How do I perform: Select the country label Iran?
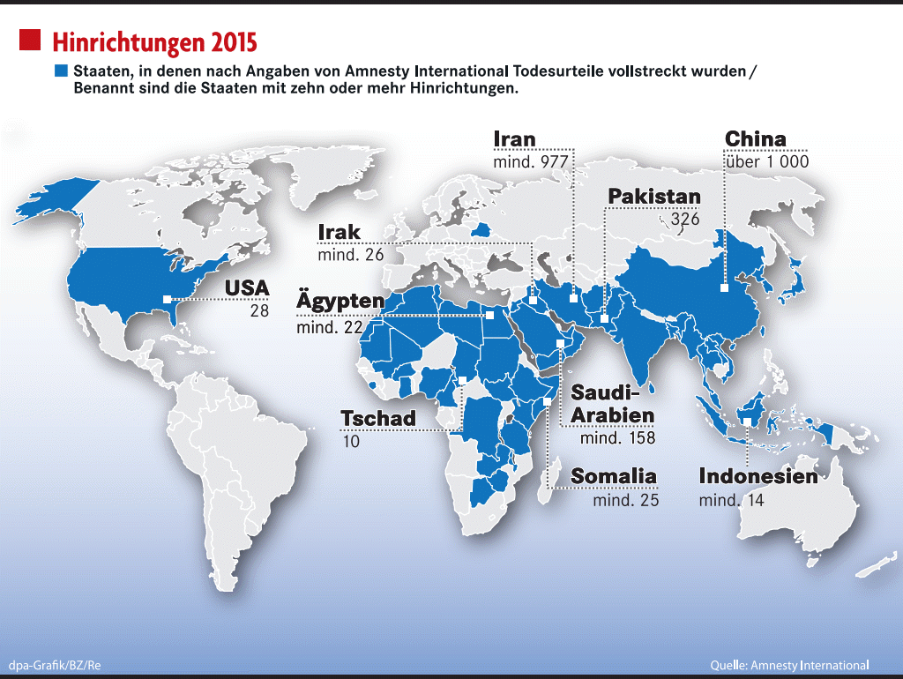pyautogui.click(x=514, y=139)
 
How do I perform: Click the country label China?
pyautogui.click(x=755, y=139)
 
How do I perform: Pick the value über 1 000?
pyautogui.click(x=766, y=162)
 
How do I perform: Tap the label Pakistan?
pyautogui.click(x=654, y=197)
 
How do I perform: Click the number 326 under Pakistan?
pyautogui.click(x=685, y=219)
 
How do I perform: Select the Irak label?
pyautogui.click(x=340, y=233)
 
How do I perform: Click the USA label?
pyautogui.click(x=247, y=288)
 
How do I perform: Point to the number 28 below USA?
pyautogui.click(x=258, y=311)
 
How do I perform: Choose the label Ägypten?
pyautogui.click(x=340, y=302)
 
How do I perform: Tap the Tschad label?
pyautogui.click(x=378, y=418)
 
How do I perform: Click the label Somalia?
pyautogui.click(x=614, y=477)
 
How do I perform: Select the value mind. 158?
pyautogui.click(x=617, y=437)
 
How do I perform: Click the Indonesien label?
pyautogui.click(x=758, y=477)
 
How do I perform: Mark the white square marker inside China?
pyautogui.click(x=723, y=287)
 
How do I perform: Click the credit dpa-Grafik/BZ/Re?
pyautogui.click(x=55, y=664)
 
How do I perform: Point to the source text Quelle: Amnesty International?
pyautogui.click(x=789, y=664)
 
